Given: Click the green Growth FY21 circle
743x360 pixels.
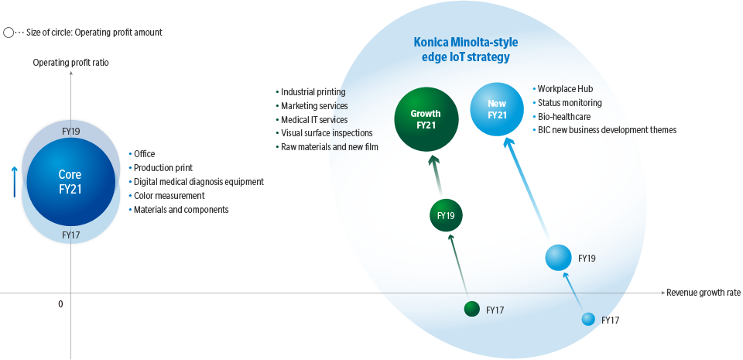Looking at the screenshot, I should coord(426,119).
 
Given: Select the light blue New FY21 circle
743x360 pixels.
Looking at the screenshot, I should coord(498,109).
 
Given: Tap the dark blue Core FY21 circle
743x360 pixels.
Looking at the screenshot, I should coord(70,181).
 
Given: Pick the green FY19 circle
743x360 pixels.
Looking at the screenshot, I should coord(445,216).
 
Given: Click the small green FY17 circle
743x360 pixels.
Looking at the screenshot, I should coord(472,309).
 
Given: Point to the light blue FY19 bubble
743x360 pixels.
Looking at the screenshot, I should coord(558,258).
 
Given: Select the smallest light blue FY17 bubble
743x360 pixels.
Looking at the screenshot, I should coord(588,319).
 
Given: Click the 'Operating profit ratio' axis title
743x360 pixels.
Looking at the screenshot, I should coord(70,62).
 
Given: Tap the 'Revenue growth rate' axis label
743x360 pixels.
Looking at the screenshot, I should coord(704,293).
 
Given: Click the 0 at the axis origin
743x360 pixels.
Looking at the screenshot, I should coord(60,304).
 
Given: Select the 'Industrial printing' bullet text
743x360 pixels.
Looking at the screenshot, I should coord(313,91).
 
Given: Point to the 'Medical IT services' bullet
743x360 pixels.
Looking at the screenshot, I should coord(314,119).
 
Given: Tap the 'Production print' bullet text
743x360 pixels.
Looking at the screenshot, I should coord(163,167).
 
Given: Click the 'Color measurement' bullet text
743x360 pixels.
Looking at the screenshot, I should coord(169,195).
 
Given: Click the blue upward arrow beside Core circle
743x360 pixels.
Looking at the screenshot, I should coord(15,181).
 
